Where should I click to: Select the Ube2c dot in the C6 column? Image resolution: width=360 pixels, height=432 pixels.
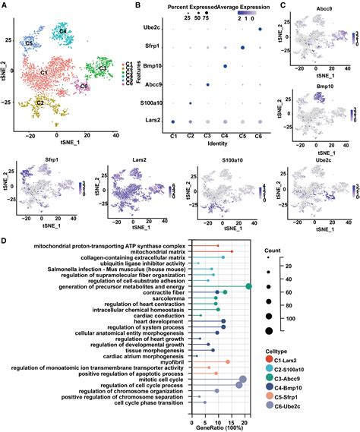coord(260,30)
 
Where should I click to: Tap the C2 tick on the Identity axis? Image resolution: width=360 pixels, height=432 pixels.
coord(190,134)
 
